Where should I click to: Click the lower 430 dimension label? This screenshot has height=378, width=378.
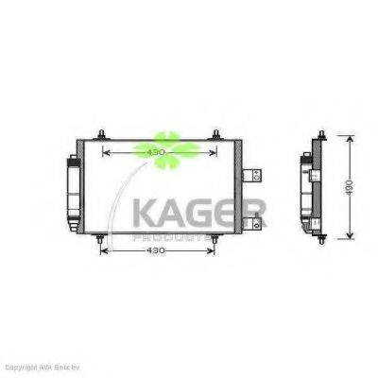coord(155,252)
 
